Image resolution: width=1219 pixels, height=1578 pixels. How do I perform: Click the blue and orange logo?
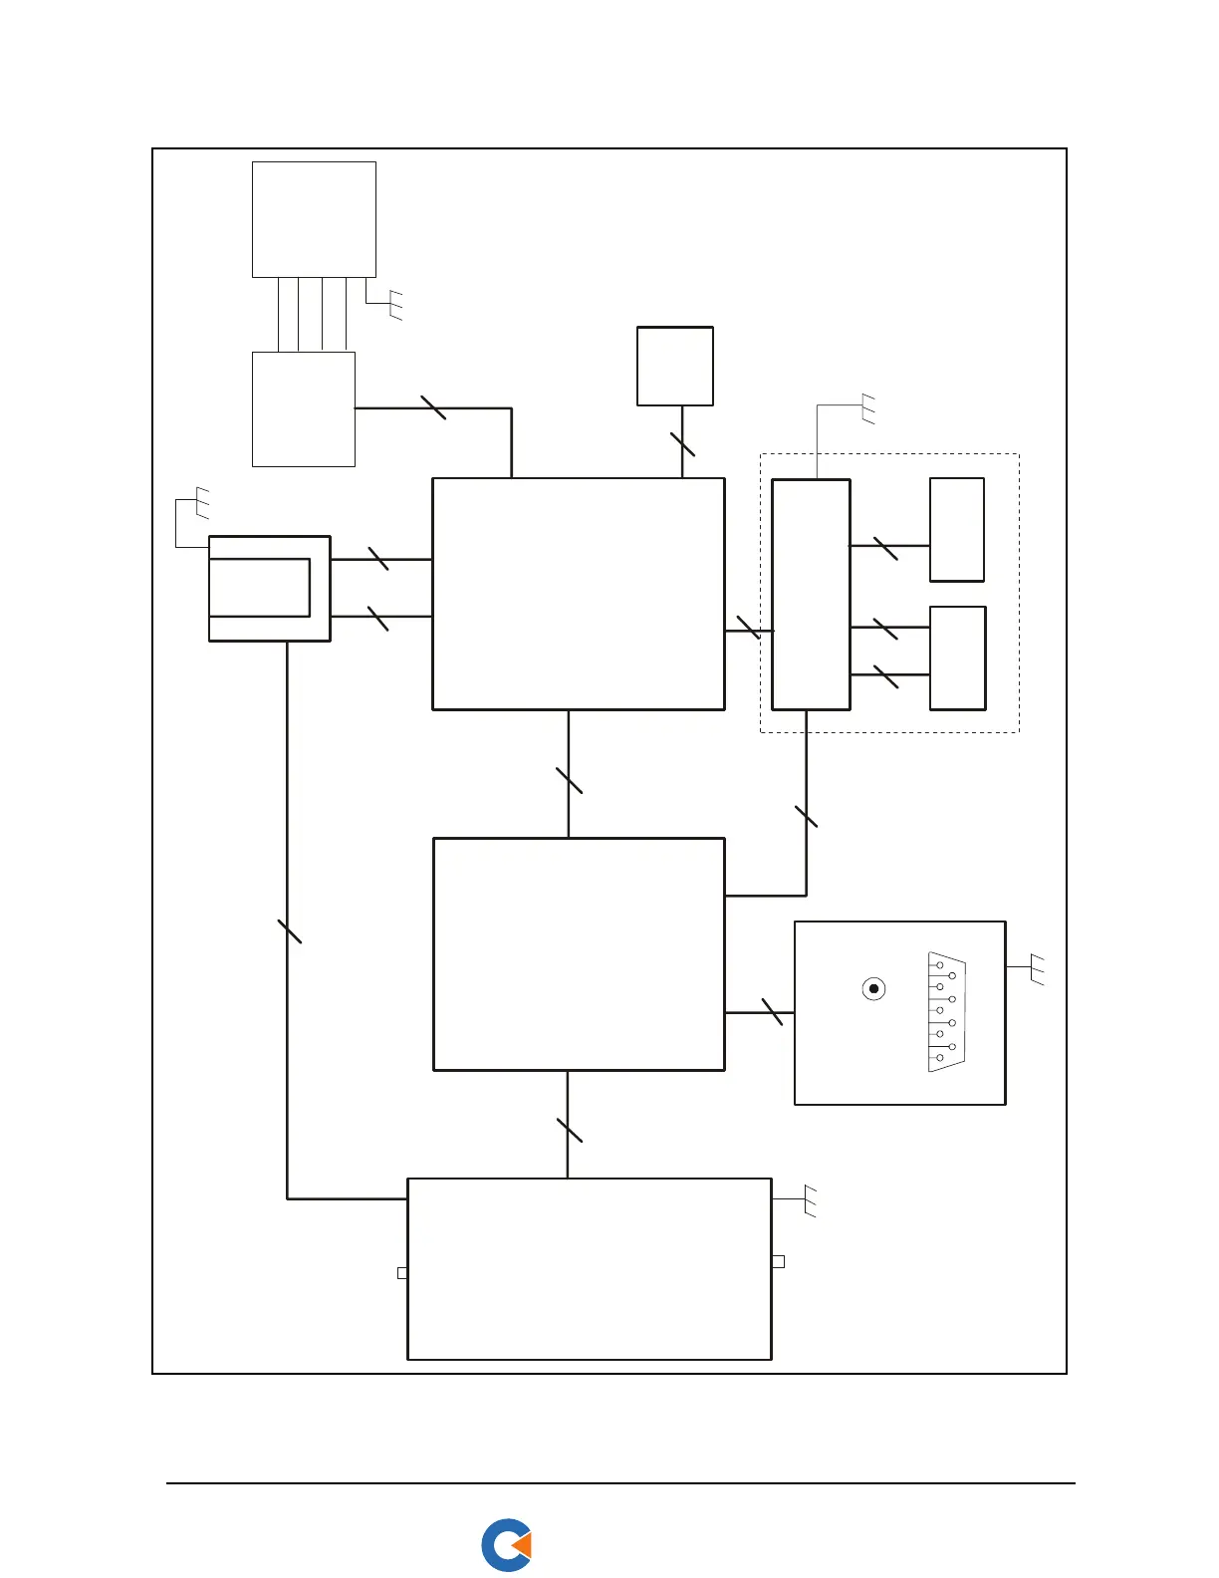click(506, 1545)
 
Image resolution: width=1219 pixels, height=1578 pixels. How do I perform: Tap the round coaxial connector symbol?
click(873, 989)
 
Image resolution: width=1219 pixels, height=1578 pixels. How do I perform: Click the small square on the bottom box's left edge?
click(402, 1273)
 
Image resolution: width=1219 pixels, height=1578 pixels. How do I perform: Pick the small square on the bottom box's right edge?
click(779, 1261)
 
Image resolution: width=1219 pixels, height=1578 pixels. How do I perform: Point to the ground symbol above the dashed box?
click(867, 408)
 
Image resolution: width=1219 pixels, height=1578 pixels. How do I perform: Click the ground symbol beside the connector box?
click(1036, 969)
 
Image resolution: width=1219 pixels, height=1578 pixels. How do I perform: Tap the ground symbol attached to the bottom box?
click(810, 1200)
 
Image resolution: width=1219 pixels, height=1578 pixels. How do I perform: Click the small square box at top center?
click(675, 366)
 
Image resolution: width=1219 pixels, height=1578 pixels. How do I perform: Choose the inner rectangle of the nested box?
click(259, 588)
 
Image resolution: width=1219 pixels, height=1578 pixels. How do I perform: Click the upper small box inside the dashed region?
click(957, 529)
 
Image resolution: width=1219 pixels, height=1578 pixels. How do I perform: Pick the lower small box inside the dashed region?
click(957, 657)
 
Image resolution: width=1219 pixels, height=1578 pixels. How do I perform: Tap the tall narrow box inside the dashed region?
click(811, 595)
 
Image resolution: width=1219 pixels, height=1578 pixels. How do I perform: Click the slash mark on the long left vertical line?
click(289, 931)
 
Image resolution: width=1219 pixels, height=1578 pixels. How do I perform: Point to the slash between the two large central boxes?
click(569, 781)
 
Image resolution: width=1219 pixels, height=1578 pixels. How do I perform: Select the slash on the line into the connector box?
click(772, 1012)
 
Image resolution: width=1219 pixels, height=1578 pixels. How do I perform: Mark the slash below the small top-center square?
click(682, 444)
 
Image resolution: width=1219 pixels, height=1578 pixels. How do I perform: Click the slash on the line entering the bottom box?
click(569, 1131)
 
